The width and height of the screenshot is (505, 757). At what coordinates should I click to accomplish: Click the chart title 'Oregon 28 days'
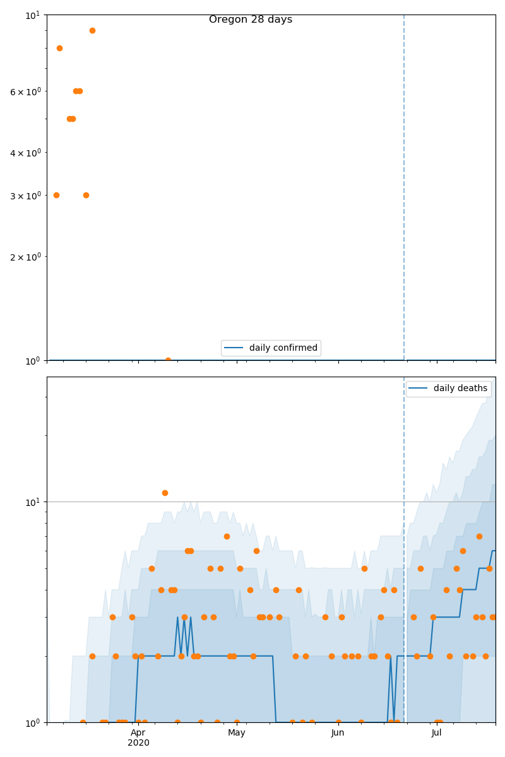[x=251, y=20]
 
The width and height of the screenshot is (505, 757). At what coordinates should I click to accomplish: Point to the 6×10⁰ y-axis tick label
[x=25, y=91]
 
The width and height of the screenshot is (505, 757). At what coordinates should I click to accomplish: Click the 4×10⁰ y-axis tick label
[x=25, y=153]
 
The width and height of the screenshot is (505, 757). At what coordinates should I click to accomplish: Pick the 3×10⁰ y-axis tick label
[x=25, y=196]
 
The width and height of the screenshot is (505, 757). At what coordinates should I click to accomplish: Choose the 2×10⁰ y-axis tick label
[x=25, y=257]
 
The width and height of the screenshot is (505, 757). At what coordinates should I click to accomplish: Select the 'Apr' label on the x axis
[x=138, y=733]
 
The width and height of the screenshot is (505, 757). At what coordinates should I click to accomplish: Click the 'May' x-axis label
[x=237, y=733]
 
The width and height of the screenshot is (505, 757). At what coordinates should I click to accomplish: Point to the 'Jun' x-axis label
[x=338, y=733]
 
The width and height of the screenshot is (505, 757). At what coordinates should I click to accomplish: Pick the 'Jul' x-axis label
[x=436, y=733]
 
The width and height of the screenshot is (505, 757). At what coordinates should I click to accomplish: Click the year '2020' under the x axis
[x=138, y=743]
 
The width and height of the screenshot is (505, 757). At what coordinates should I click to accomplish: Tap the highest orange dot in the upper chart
[x=92, y=30]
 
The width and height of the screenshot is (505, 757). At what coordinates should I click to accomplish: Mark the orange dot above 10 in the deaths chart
[x=165, y=493]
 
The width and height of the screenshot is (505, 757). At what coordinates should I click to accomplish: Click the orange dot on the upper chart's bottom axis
[x=168, y=360]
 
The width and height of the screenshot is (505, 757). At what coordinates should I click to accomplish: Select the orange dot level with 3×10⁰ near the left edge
[x=56, y=195]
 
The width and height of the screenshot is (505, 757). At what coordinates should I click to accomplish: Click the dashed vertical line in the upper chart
[x=404, y=189]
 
